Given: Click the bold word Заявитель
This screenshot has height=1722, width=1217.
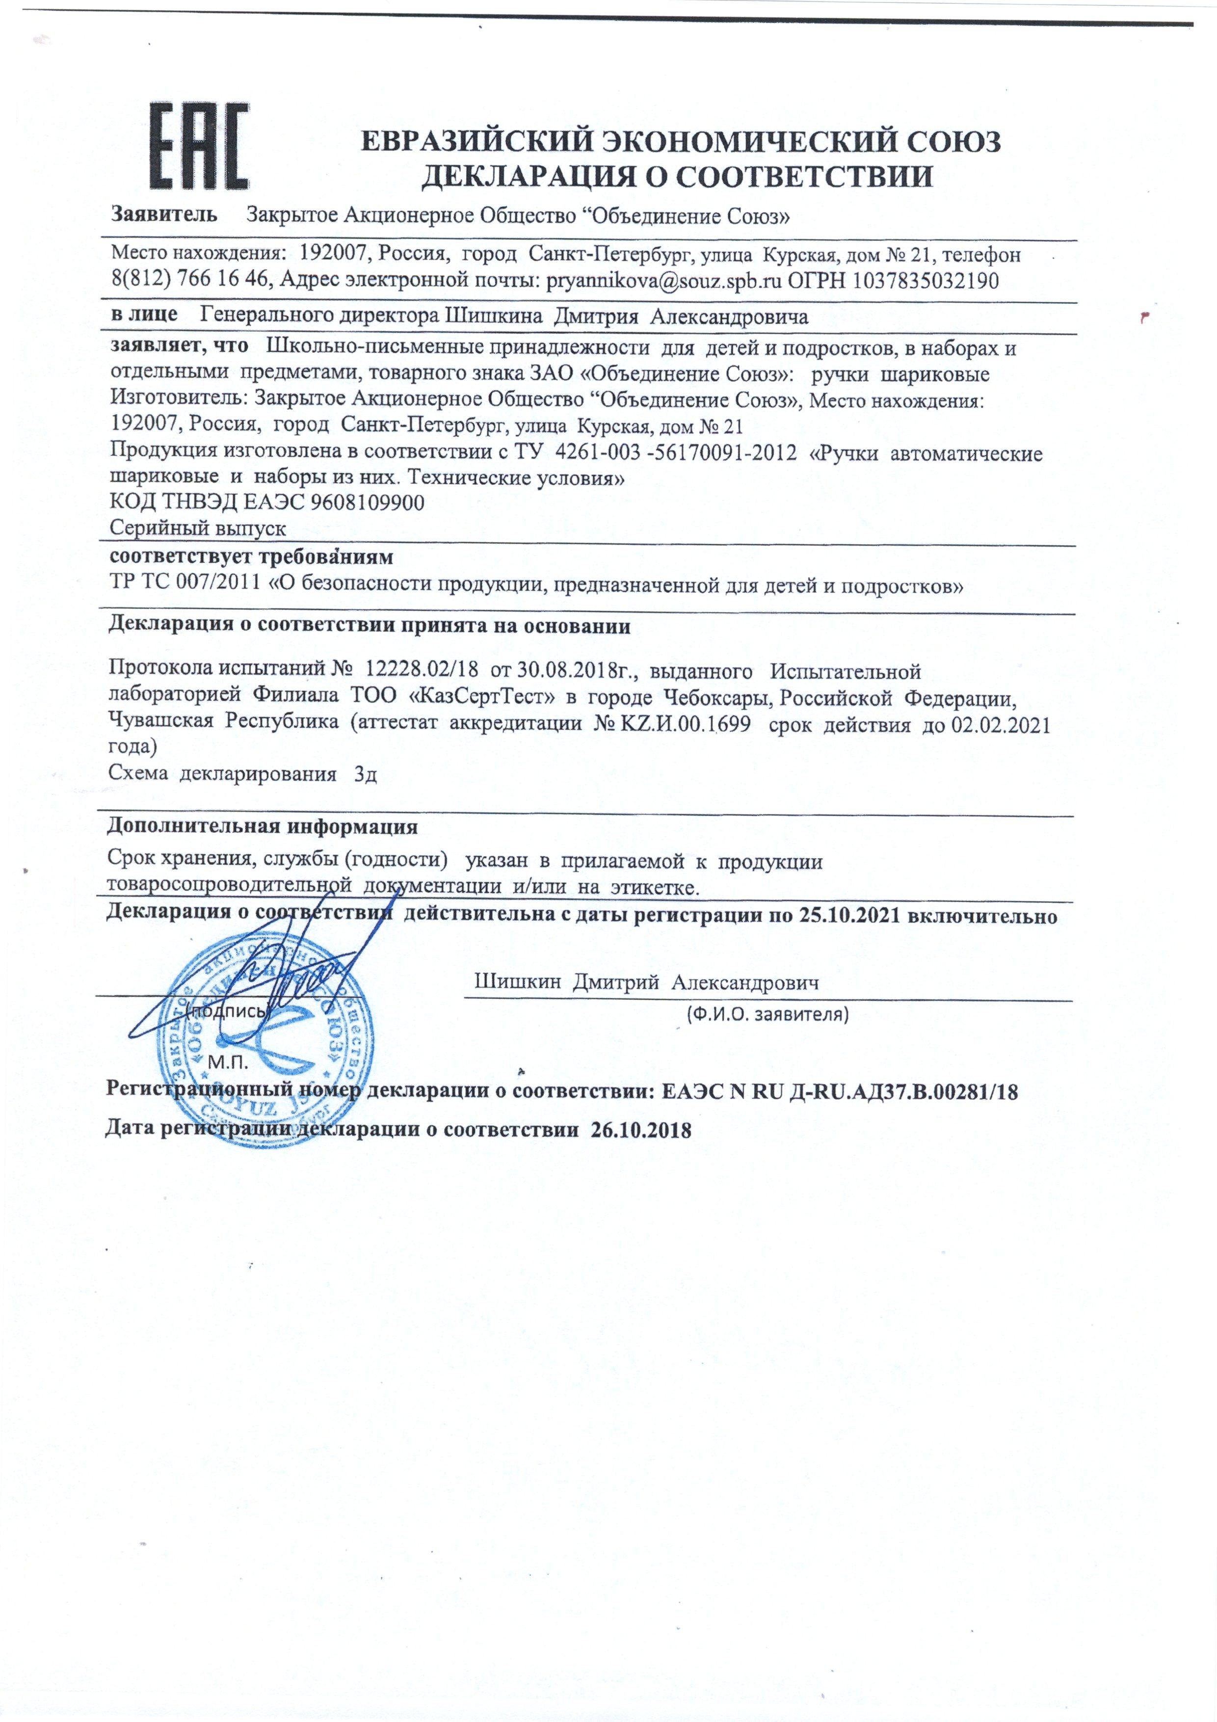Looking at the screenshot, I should tap(165, 215).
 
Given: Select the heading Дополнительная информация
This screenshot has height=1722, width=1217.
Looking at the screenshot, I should tap(263, 827).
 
